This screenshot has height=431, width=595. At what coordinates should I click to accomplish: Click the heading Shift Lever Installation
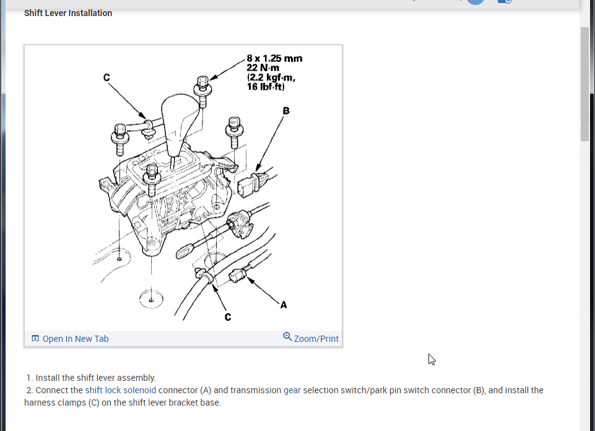(68, 13)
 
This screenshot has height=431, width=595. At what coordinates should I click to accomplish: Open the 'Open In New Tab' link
(75, 339)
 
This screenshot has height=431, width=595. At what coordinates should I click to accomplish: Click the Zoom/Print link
(316, 339)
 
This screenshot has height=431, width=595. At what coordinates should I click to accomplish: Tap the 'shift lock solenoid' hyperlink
(121, 390)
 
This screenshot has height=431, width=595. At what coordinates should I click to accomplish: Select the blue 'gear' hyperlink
(292, 390)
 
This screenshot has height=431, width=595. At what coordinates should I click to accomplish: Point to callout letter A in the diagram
(284, 305)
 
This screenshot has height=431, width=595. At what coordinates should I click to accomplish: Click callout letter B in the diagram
(286, 111)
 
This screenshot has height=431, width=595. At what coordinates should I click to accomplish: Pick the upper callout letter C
(106, 77)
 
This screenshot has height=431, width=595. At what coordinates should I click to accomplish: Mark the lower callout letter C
(228, 317)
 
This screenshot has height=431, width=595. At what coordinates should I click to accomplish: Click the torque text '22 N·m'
(263, 68)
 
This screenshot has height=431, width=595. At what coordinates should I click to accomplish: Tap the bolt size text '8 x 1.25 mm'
(274, 58)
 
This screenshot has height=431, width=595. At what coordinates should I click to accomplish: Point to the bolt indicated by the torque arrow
(203, 91)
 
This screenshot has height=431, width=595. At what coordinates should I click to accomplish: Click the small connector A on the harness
(238, 275)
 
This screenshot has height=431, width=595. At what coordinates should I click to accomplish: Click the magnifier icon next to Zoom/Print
(287, 336)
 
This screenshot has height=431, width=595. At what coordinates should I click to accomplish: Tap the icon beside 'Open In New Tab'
(35, 339)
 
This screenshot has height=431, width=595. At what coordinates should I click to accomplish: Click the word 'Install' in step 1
(48, 378)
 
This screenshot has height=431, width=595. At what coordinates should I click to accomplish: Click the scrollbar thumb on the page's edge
(584, 84)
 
